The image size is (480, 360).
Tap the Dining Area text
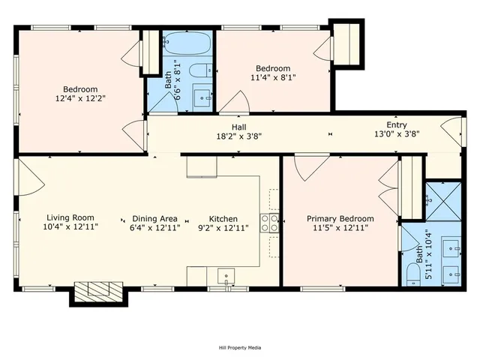click(x=155, y=217)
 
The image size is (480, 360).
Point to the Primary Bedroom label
click(x=340, y=218)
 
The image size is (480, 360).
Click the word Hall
click(x=238, y=127)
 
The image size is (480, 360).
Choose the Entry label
click(x=397, y=124)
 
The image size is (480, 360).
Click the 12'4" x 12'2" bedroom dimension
click(x=78, y=97)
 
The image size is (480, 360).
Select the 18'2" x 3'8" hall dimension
click(x=238, y=136)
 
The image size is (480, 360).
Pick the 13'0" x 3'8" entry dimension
click(x=397, y=134)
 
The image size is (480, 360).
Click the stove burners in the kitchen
click(x=270, y=222)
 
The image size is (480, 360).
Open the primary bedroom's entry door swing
click(x=308, y=166)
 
